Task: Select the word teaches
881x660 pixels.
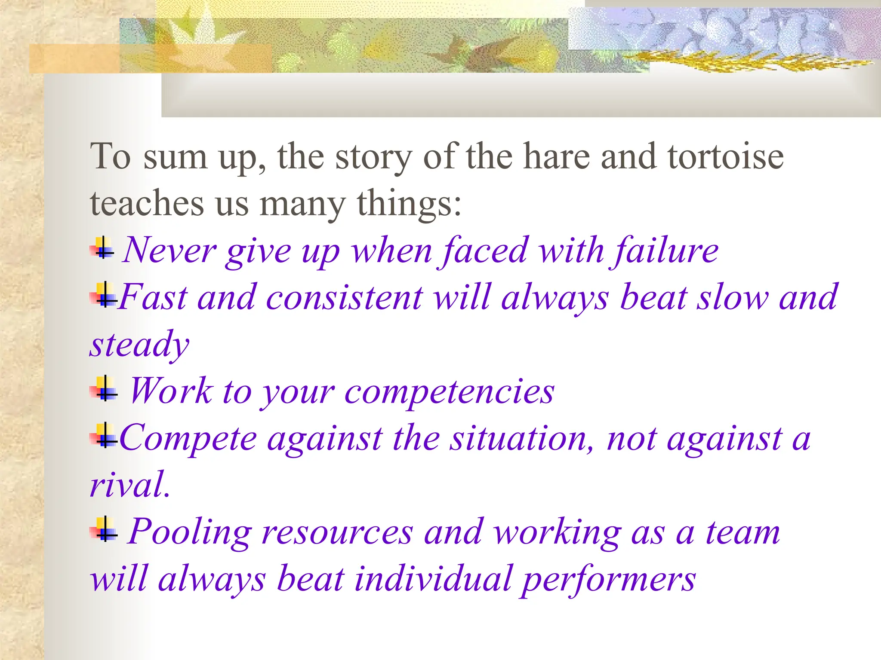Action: tap(147, 203)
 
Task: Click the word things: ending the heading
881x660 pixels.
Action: tap(409, 204)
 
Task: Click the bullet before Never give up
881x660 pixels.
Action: tap(102, 248)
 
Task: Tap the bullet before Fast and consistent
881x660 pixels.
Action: tap(103, 296)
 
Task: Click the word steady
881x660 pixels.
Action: tap(139, 345)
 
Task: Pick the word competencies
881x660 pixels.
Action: tap(449, 392)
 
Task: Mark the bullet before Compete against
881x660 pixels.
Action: tap(103, 436)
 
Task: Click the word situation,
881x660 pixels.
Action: tap(522, 439)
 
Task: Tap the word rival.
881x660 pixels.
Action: tap(130, 485)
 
